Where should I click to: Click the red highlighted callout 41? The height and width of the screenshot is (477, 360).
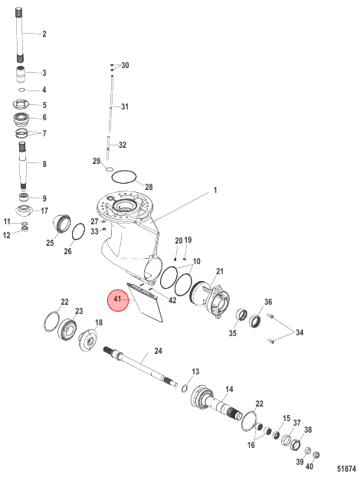tap(117, 301)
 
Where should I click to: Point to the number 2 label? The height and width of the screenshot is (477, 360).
tap(44, 34)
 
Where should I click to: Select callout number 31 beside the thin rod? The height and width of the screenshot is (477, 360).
tap(125, 106)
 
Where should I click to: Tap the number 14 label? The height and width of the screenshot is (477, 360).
tap(229, 388)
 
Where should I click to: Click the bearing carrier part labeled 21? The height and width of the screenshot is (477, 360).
tap(211, 298)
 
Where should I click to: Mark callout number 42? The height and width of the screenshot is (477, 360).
tap(172, 300)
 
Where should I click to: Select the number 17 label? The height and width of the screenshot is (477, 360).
tap(44, 211)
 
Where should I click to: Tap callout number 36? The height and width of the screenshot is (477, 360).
tap(268, 302)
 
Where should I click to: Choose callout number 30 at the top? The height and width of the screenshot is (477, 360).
tap(125, 66)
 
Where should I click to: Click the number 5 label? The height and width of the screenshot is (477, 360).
tap(44, 105)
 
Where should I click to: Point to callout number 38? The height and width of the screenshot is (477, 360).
tap(308, 430)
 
